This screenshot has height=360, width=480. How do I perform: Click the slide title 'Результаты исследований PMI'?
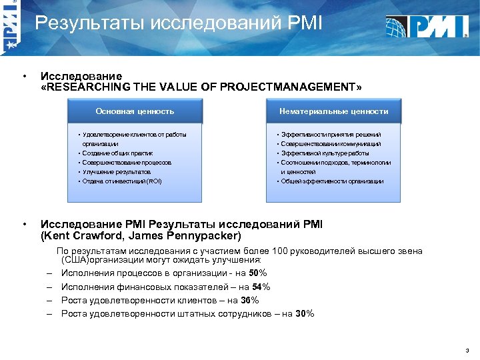178,25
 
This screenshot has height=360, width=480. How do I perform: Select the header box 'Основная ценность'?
135,111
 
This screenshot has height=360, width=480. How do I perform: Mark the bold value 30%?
305,313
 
